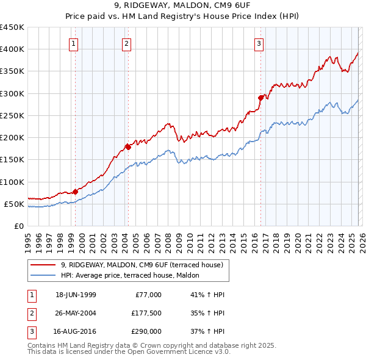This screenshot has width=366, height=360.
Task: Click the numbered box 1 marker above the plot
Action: tap(73, 43)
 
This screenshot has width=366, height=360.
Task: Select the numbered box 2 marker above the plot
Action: tap(126, 43)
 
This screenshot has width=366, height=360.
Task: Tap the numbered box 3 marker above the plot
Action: tap(259, 43)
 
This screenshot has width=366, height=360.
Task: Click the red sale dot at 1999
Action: tap(76, 192)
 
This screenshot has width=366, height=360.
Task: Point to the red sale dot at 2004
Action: tap(128, 147)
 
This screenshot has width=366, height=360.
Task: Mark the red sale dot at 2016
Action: tap(260, 98)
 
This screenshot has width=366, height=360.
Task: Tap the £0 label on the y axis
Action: tap(18, 226)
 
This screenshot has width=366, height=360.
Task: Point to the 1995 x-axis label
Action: tap(28, 238)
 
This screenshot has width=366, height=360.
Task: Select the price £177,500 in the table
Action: tap(145, 313)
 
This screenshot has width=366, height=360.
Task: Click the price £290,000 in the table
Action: tap(145, 331)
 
